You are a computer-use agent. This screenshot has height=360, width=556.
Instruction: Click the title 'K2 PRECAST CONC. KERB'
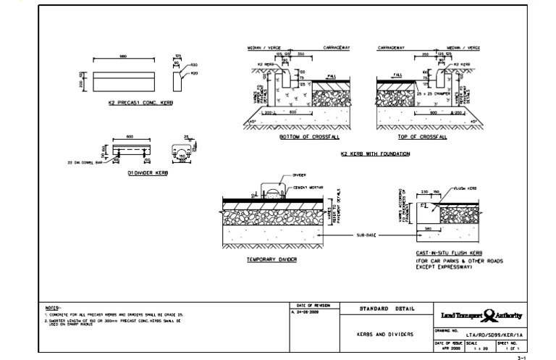(131, 104)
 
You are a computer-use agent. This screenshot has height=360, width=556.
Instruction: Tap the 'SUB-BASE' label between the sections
(366, 235)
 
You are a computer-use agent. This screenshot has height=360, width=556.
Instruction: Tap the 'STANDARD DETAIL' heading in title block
(387, 309)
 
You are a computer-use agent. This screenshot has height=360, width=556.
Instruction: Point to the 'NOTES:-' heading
(52, 307)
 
